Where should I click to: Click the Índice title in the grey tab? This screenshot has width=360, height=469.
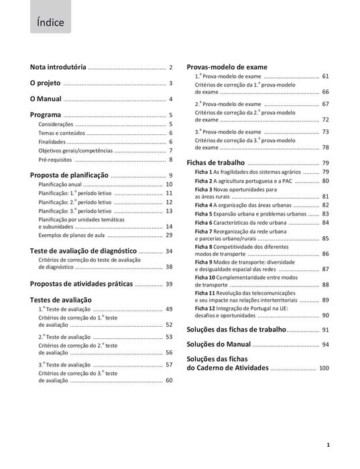(x=51, y=23)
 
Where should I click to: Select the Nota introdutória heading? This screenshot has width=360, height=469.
(x=58, y=68)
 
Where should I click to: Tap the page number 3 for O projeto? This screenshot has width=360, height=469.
(x=171, y=84)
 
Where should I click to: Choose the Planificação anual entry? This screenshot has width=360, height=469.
(x=60, y=184)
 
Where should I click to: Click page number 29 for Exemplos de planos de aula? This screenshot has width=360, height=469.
(x=169, y=236)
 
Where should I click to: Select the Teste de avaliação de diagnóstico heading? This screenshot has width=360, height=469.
(x=86, y=251)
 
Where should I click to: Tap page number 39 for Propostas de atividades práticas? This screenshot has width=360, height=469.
(x=169, y=284)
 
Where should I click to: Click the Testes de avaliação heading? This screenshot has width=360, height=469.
(x=61, y=300)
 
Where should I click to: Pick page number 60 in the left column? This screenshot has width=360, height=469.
(x=169, y=380)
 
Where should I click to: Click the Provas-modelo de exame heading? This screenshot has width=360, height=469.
(x=227, y=67)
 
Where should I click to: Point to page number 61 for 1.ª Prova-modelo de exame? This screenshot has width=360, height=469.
(x=325, y=76)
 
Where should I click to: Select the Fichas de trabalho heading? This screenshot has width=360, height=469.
(x=216, y=163)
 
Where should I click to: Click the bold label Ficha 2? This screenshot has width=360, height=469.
(x=204, y=181)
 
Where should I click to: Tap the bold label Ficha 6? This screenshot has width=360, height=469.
(x=204, y=223)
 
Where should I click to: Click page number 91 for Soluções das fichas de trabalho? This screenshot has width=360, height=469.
(x=325, y=330)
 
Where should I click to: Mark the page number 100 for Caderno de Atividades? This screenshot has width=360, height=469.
(x=324, y=368)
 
